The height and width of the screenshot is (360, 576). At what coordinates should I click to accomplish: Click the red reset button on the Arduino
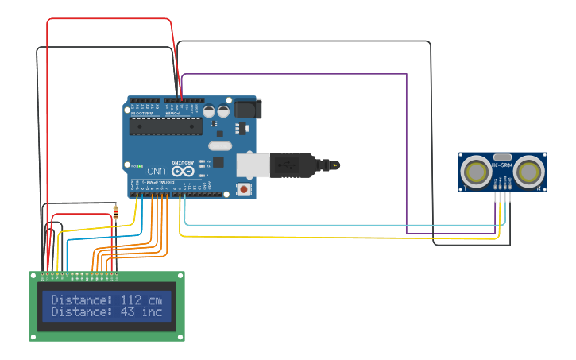coord(243,189)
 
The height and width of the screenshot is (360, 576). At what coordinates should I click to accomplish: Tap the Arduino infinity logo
coord(181,170)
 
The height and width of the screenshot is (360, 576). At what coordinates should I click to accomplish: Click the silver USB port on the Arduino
coord(253,165)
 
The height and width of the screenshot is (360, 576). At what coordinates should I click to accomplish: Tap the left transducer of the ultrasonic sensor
coord(477,172)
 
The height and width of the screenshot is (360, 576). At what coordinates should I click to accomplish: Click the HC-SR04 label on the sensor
coord(502,166)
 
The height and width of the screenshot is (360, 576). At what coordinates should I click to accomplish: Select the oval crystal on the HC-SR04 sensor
coord(502,157)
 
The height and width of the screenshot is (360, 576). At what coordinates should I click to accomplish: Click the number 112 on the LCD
coord(132,300)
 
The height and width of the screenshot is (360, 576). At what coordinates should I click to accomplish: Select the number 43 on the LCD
coord(128,312)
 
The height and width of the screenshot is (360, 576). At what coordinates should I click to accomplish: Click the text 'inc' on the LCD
coord(152,312)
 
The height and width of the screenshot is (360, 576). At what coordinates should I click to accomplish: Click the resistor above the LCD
coord(116,212)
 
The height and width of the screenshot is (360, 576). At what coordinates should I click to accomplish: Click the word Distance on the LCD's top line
coord(82,300)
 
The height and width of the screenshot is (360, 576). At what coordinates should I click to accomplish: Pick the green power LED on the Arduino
coord(140,167)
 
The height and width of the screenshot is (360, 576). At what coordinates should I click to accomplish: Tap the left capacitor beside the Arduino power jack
coord(210,112)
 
